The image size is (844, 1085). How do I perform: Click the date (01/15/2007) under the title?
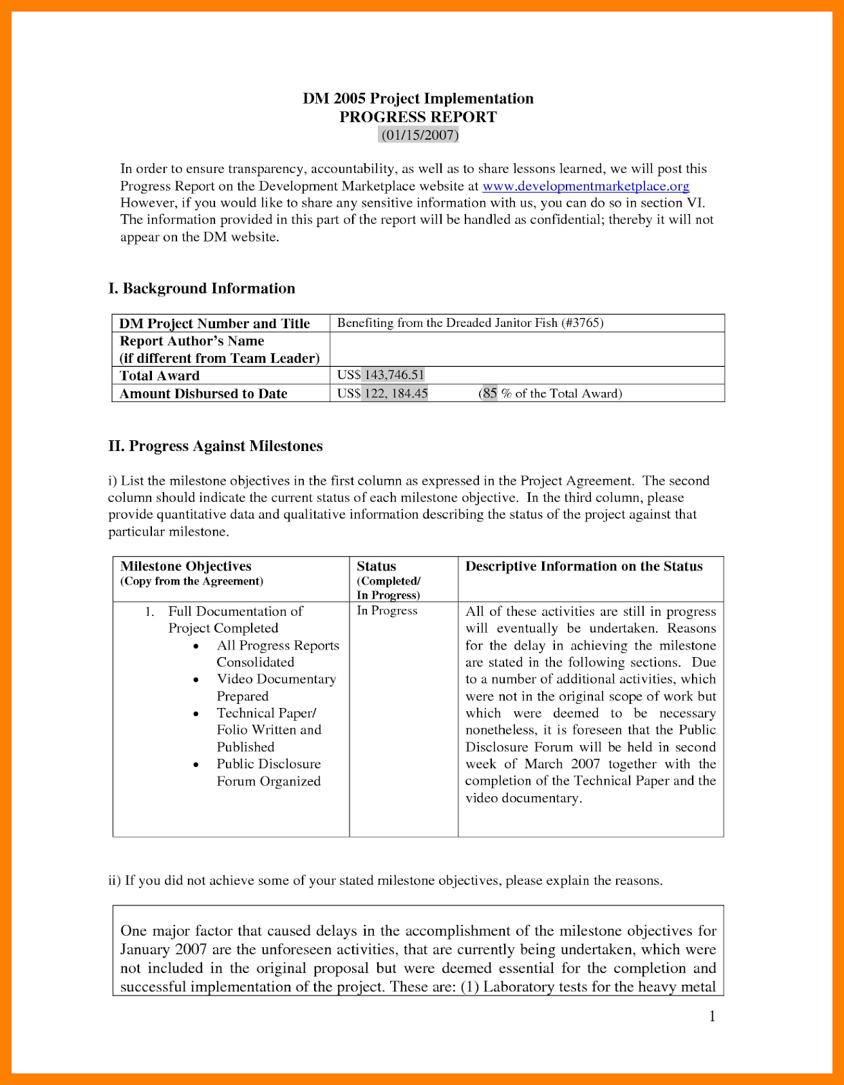click(419, 135)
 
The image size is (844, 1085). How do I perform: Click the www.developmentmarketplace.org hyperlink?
click(586, 186)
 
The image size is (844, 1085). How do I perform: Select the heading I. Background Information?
click(202, 288)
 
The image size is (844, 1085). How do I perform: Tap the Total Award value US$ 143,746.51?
click(381, 375)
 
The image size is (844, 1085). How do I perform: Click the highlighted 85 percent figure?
click(490, 393)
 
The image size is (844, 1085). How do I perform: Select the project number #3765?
click(583, 323)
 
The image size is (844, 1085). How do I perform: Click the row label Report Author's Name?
click(192, 341)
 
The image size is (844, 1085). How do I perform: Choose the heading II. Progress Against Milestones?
click(215, 446)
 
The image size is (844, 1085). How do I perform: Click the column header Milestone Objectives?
click(186, 566)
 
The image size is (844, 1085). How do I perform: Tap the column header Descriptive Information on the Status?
click(583, 566)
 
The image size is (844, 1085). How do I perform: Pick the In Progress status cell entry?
click(387, 610)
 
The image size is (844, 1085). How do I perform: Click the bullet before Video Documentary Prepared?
click(196, 679)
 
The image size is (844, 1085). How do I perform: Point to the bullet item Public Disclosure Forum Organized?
click(269, 772)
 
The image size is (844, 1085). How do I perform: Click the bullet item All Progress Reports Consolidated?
click(277, 654)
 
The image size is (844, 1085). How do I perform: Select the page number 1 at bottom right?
click(712, 1016)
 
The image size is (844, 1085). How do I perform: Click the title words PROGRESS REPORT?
click(418, 117)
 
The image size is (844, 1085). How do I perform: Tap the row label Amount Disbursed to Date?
click(204, 393)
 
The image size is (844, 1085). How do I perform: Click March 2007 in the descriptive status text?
click(562, 764)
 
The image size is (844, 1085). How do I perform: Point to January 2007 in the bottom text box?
click(164, 949)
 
